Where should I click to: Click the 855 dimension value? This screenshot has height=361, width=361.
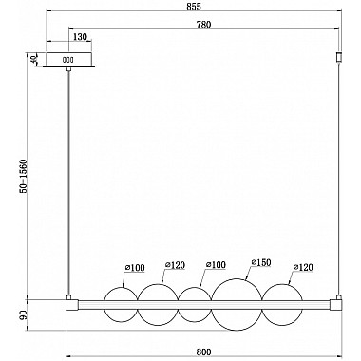click(194, 7)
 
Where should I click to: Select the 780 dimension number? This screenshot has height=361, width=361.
click(203, 25)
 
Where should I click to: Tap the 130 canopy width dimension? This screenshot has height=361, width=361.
click(80, 37)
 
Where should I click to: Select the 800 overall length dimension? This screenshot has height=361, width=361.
click(203, 351)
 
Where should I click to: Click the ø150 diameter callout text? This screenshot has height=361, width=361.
click(261, 262)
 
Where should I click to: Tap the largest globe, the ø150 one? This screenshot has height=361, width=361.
click(237, 304)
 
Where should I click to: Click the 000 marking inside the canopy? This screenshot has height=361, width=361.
click(67, 60)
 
